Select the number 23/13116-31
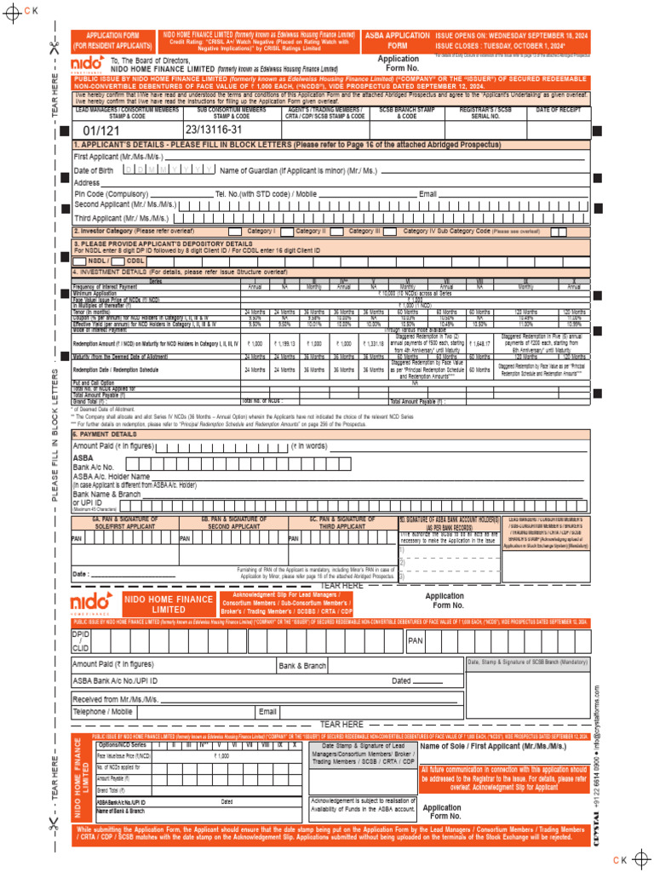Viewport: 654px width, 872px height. point(214,129)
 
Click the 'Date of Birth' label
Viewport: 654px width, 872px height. point(93,170)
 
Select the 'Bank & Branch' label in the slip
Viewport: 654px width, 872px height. point(302,665)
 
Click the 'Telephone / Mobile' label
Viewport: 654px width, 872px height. point(102,711)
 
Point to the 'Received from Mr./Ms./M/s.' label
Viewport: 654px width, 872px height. point(116,697)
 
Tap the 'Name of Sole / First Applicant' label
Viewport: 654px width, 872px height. point(503,746)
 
